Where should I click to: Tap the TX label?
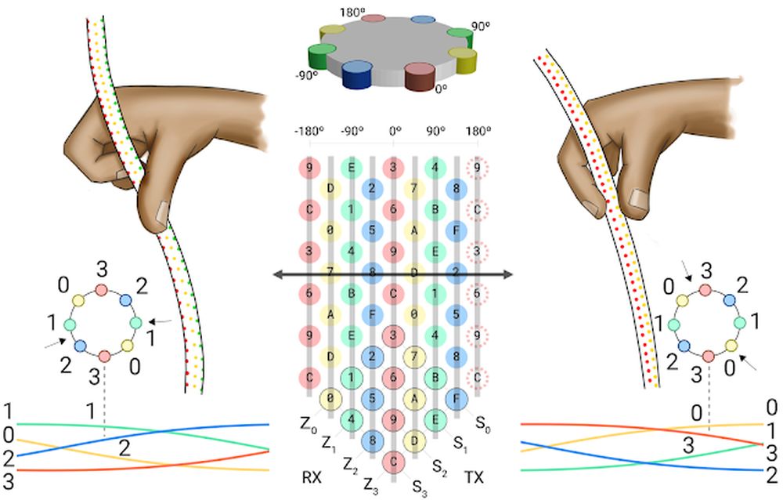[x=474, y=476]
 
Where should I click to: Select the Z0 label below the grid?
[x=308, y=423]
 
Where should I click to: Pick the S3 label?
[x=421, y=486]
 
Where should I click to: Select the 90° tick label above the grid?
[x=434, y=132]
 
